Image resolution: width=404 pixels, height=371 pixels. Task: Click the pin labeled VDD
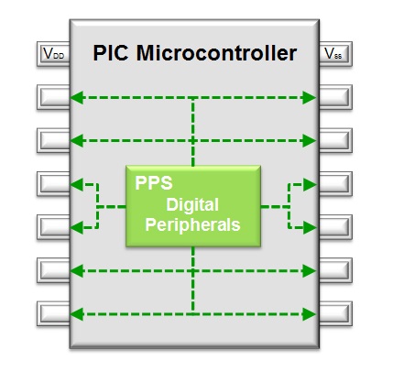click(53, 54)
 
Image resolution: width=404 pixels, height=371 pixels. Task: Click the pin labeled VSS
click(335, 54)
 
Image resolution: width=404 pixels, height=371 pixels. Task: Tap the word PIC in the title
click(111, 53)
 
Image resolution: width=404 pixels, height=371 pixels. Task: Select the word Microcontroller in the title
click(216, 53)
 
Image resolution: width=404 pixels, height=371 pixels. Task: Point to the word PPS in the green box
click(154, 183)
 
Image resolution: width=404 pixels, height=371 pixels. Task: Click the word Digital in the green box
click(192, 205)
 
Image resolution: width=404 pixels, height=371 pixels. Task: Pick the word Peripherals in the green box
click(192, 225)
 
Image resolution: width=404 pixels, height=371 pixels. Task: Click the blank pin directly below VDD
click(53, 97)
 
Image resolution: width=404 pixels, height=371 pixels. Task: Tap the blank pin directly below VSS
click(335, 97)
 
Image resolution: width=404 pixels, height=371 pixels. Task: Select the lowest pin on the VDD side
click(53, 314)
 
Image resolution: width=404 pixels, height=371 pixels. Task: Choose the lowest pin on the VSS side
click(335, 314)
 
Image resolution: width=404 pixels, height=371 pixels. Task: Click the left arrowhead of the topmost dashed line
click(77, 98)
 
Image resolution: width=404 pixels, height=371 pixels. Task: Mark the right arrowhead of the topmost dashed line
click(310, 98)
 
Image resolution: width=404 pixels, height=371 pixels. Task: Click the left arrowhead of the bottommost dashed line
click(77, 314)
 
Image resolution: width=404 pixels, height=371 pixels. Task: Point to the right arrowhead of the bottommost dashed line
click(310, 314)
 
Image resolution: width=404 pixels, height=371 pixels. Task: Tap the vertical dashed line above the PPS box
click(193, 132)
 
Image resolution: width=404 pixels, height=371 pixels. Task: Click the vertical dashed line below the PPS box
click(193, 280)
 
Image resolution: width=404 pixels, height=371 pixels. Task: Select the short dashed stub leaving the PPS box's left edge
click(112, 207)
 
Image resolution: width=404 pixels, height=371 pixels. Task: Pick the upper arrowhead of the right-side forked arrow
click(310, 185)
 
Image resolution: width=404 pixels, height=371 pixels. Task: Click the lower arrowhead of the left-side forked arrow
click(77, 228)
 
